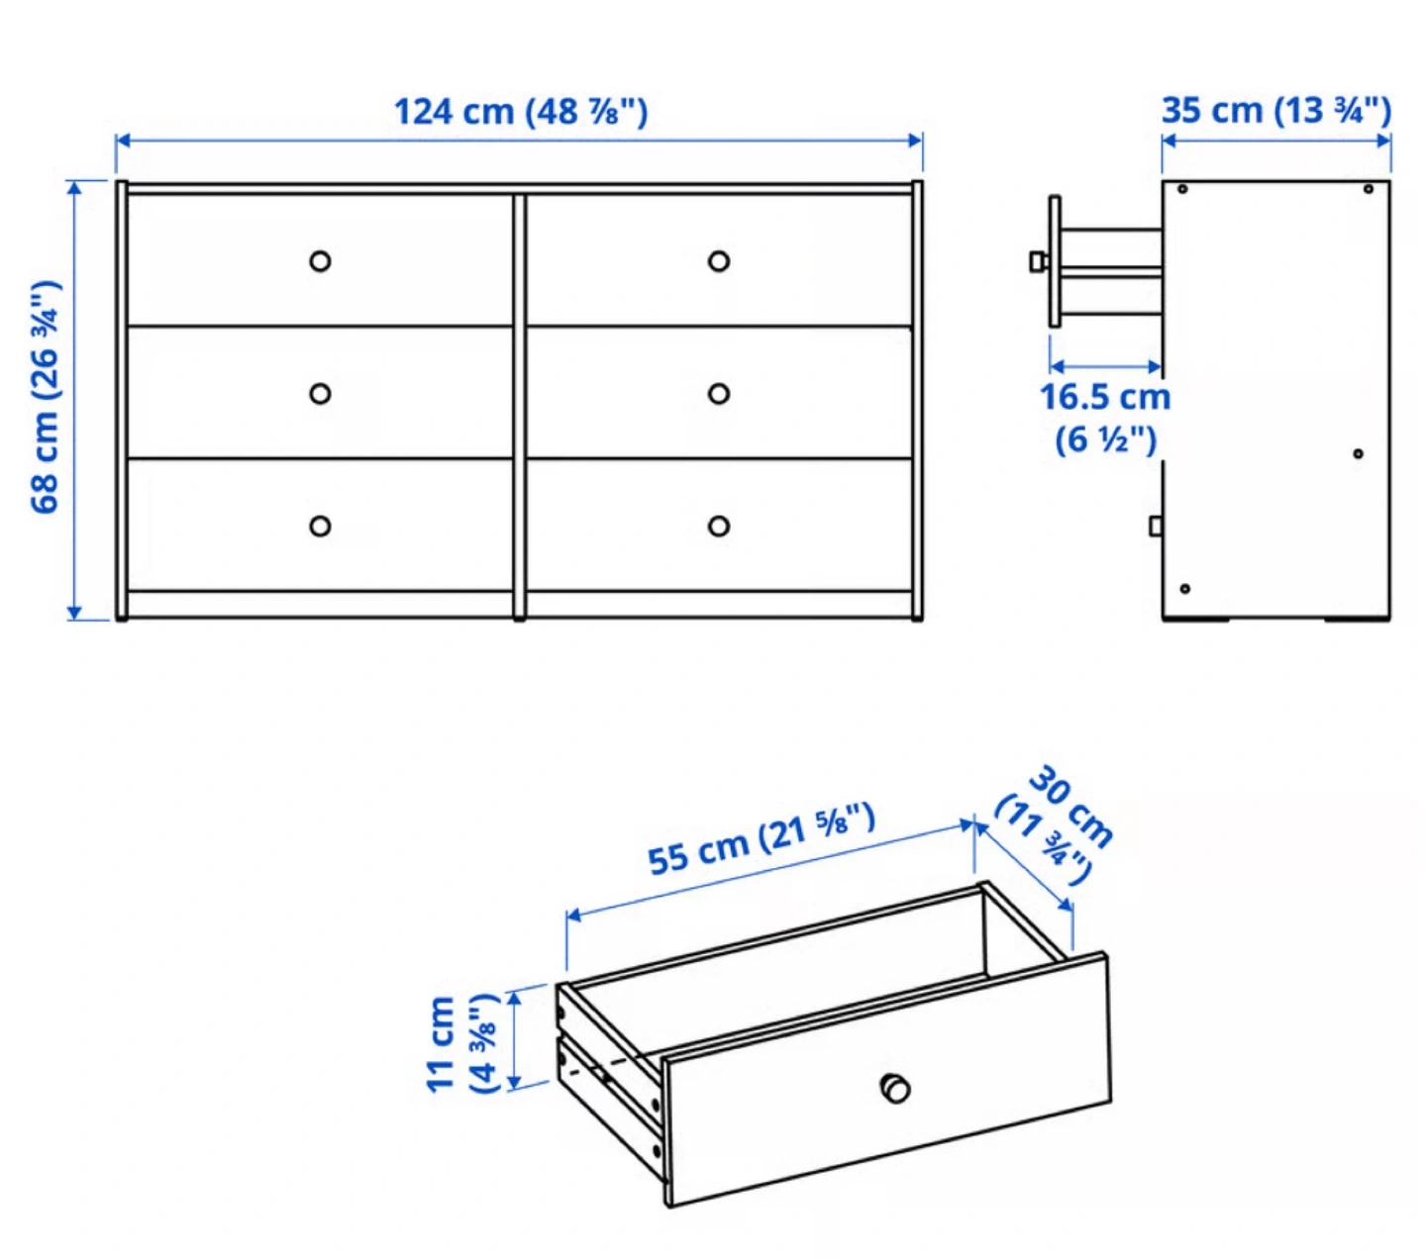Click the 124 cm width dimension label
click(x=520, y=112)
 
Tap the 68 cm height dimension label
click(x=46, y=397)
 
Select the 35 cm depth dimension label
click(x=1276, y=111)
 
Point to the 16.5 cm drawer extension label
click(x=1105, y=418)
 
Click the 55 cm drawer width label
click(x=761, y=840)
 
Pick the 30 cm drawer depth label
click(x=1054, y=824)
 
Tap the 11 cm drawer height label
click(x=463, y=1043)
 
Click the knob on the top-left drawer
click(x=320, y=261)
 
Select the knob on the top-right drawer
click(x=719, y=261)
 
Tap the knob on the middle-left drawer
click(x=320, y=393)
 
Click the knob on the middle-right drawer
click(x=719, y=393)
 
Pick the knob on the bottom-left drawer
click(x=320, y=526)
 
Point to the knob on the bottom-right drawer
click(x=719, y=526)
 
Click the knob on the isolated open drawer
click(x=895, y=1088)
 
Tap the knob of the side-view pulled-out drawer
click(x=1039, y=261)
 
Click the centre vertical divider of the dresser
click(x=520, y=407)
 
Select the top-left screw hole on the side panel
click(x=1182, y=189)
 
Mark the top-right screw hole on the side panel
click(x=1369, y=189)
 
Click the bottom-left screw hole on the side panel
click(x=1185, y=588)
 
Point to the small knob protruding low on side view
click(x=1156, y=526)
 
